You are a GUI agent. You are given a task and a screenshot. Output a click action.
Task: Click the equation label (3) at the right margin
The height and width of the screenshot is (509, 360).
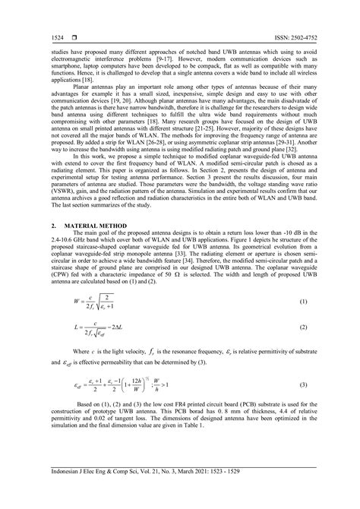coord(303,386)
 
